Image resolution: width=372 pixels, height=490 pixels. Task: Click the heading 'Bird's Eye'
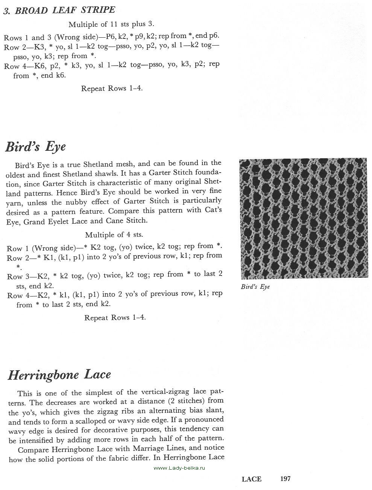coord(35,146)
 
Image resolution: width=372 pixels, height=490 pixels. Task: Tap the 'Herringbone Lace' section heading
coord(59,375)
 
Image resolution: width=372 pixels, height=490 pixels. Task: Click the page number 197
coord(285,479)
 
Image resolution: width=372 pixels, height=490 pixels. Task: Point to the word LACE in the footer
coord(251,479)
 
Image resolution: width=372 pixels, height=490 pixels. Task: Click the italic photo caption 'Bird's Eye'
coord(255,286)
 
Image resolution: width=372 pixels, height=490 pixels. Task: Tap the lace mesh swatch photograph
coord(303,219)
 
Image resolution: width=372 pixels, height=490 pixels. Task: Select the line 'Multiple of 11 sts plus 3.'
coord(111,24)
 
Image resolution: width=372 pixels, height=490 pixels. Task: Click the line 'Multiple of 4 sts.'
coord(114,235)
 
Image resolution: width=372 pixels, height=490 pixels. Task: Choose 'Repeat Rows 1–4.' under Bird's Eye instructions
coord(115,317)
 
